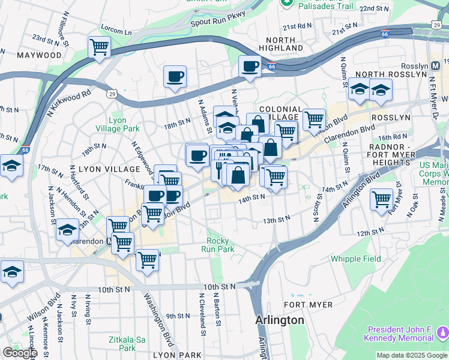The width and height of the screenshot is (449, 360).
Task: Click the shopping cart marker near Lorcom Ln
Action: [x=99, y=47]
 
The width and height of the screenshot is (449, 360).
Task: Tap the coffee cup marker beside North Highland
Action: [x=249, y=66]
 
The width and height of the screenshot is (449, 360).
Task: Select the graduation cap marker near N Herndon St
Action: [x=67, y=230]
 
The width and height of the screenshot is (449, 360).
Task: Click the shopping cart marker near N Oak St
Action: [x=382, y=199]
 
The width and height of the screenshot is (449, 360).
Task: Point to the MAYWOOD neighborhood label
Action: [x=40, y=55]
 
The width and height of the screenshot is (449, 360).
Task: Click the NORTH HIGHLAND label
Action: [x=281, y=43]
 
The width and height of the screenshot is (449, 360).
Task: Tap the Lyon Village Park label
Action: [x=117, y=124]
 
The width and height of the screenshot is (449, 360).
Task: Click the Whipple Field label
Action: [x=355, y=259]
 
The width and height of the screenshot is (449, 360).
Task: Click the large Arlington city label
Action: [x=280, y=320]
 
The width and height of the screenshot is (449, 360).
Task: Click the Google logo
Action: [x=19, y=353]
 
